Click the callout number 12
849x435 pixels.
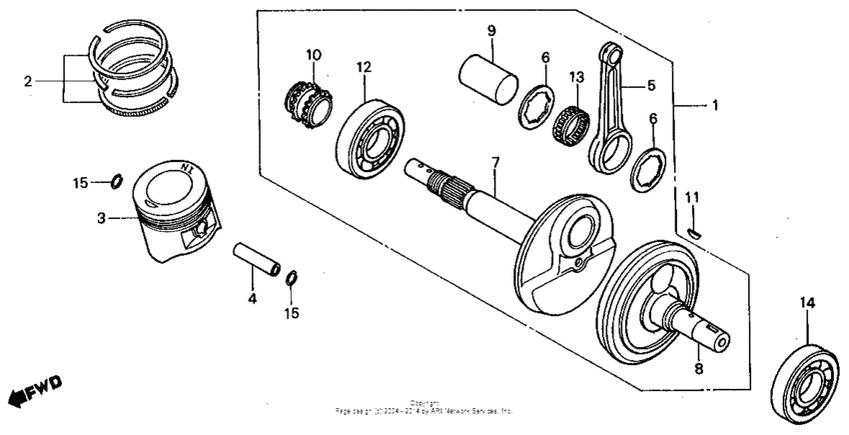point(362,66)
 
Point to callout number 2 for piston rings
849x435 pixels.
point(27,80)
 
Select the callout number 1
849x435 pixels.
point(712,104)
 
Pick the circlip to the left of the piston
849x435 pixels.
point(116,181)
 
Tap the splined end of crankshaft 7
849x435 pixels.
point(439,177)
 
